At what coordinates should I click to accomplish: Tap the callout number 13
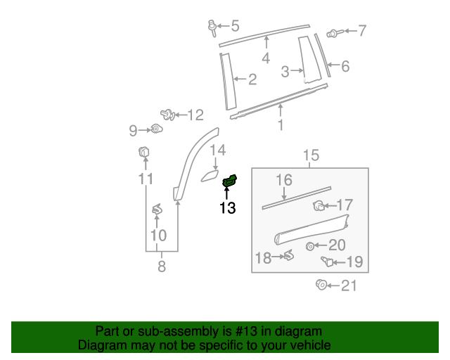tap(227, 207)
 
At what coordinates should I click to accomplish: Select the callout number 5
tap(235, 26)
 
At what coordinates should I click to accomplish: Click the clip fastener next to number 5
tap(212, 27)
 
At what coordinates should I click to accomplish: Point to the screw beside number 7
tap(334, 32)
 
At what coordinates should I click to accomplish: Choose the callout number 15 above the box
tap(311, 155)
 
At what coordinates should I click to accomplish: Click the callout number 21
tap(349, 285)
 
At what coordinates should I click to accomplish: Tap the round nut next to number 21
tap(320, 285)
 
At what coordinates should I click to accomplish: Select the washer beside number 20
tap(310, 245)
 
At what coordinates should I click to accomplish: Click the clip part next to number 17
tap(318, 205)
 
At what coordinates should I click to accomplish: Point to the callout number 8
tap(162, 266)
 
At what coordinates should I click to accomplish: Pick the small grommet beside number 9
tap(156, 129)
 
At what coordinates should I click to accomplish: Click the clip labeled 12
tap(167, 113)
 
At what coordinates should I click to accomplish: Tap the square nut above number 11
tap(143, 152)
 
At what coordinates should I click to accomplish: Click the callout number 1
tap(281, 126)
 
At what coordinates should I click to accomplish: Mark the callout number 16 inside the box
tap(283, 180)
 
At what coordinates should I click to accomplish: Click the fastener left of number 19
tap(327, 262)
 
